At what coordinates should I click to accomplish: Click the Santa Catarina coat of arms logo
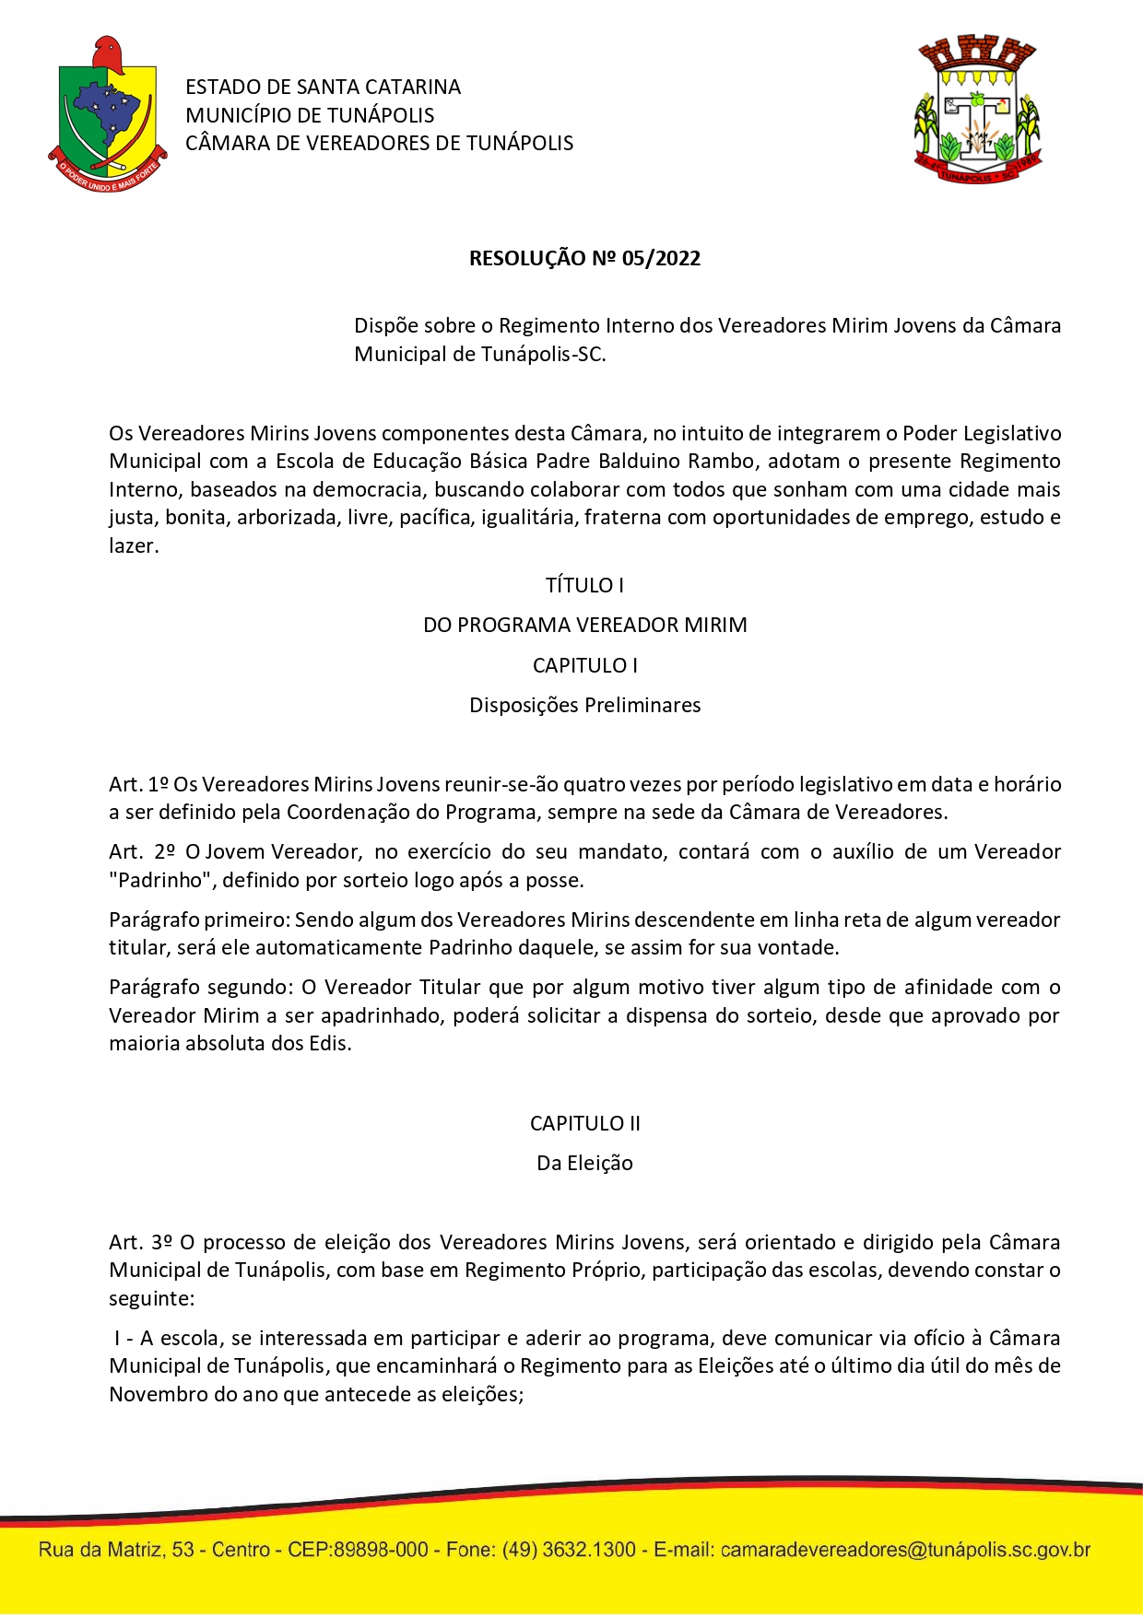point(107,115)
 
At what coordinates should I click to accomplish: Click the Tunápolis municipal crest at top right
point(978,110)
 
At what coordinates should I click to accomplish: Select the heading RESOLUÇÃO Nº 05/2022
point(584,259)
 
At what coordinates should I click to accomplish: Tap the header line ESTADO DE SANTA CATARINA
point(323,88)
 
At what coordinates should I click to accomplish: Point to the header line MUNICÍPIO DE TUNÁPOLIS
point(310,116)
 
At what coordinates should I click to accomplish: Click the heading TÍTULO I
point(584,586)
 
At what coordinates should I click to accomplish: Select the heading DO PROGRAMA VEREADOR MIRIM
point(584,626)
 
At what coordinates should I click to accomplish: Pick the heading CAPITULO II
point(584,1124)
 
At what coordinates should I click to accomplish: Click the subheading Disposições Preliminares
point(584,706)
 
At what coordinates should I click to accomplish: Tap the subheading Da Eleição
point(584,1164)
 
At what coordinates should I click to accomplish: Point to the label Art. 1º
point(138,785)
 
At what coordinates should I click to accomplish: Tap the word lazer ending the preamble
point(132,546)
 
